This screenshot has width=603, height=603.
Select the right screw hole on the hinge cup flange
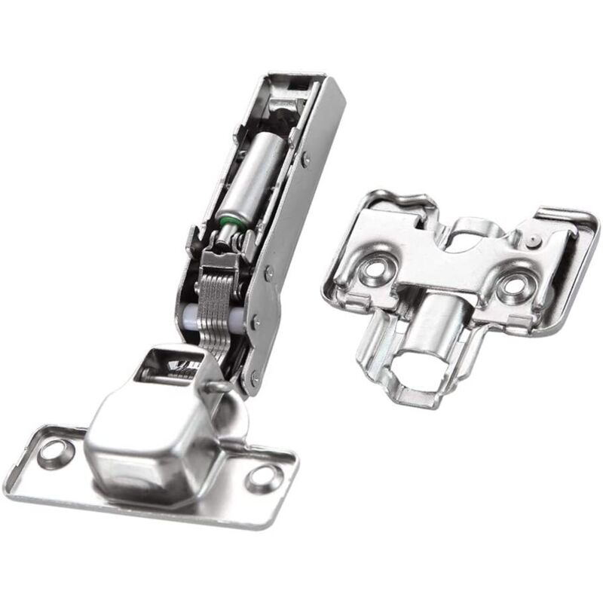(x=262, y=476)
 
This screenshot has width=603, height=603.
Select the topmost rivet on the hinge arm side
(x=305, y=159)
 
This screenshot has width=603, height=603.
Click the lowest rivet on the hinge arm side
(x=254, y=375)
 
